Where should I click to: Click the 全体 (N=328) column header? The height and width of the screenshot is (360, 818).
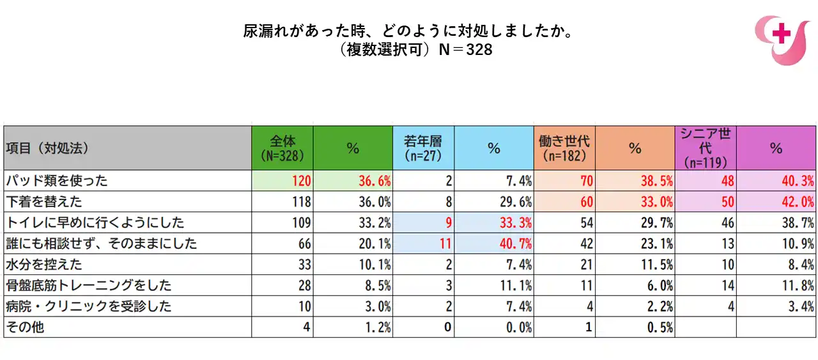tap(282, 148)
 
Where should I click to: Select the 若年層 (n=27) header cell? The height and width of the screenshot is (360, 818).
tap(423, 148)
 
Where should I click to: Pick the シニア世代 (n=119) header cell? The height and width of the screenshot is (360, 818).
tap(705, 148)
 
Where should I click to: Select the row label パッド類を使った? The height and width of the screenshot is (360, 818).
tap(57, 181)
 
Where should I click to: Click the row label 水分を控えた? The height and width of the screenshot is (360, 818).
tap(44, 264)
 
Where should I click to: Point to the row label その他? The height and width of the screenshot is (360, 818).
tap(25, 327)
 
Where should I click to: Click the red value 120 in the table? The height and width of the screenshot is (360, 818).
tap(300, 181)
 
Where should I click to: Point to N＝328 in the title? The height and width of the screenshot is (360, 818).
tap(465, 49)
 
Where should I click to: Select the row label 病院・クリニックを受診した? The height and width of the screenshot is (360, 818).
tap(88, 306)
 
